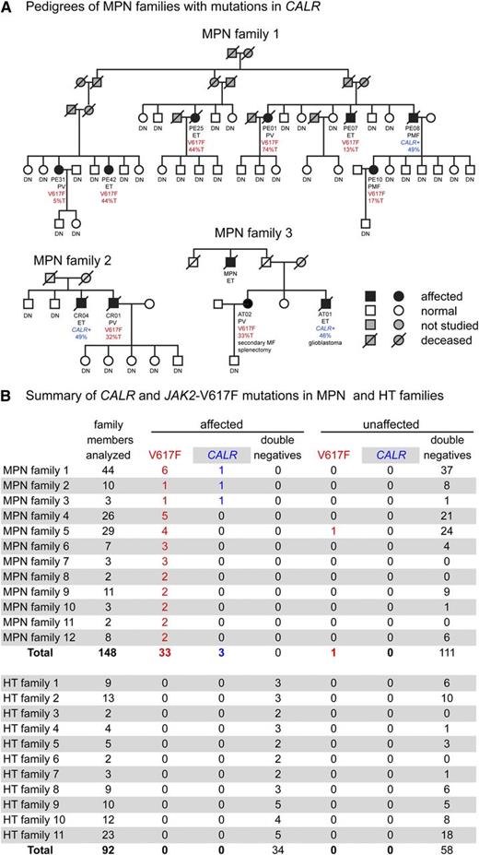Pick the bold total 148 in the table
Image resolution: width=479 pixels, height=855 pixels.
tap(116, 651)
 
